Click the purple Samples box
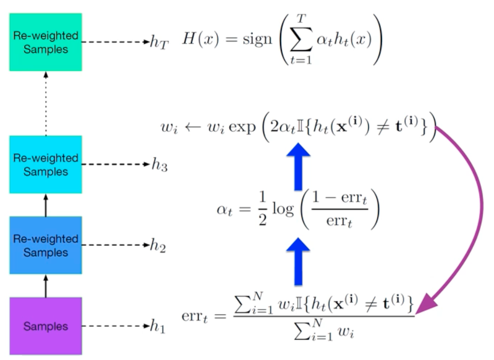45,326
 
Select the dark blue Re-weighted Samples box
45,245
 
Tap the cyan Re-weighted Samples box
45,164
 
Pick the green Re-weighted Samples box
45,42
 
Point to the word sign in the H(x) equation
260,39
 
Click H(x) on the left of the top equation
198,39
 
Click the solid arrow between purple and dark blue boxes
46,285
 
